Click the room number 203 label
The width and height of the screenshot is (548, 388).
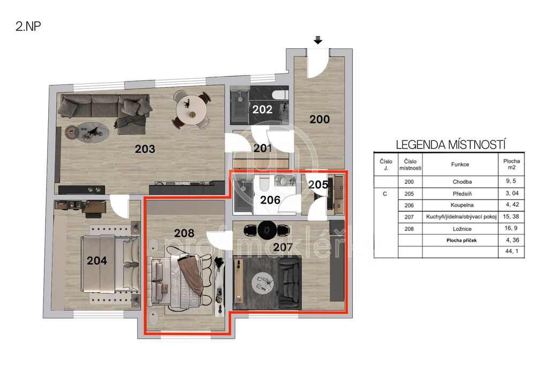(x=144, y=149)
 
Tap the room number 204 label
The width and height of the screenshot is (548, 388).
(x=97, y=260)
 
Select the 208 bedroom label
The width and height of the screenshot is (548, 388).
(x=184, y=233)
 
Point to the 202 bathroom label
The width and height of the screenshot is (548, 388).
(x=262, y=109)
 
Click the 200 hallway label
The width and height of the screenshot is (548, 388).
(x=319, y=120)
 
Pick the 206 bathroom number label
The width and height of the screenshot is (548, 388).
(x=270, y=200)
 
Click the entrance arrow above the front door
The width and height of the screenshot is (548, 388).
(x=318, y=40)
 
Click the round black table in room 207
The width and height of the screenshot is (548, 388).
(x=268, y=230)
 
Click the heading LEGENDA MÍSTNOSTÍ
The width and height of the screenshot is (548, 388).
(x=451, y=145)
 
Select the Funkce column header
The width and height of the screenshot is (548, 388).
(x=460, y=165)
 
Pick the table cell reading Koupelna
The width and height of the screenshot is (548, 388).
(x=462, y=205)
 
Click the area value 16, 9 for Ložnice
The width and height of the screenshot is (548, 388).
(x=511, y=228)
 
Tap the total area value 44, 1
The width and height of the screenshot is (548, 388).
(x=512, y=251)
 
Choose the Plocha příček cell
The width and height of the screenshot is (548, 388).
(x=462, y=241)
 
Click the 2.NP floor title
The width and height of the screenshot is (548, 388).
(x=28, y=26)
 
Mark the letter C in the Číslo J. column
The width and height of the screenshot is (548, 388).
(x=385, y=194)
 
